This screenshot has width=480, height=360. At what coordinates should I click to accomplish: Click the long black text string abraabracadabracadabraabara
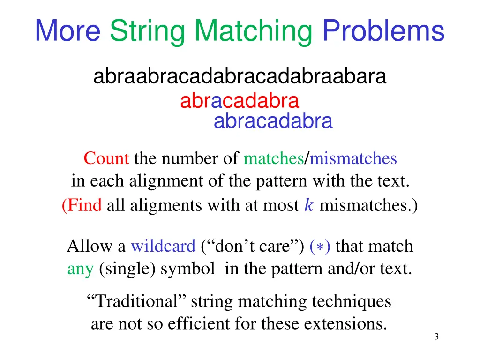coord(240,76)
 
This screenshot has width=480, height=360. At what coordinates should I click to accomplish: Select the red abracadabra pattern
coord(240,101)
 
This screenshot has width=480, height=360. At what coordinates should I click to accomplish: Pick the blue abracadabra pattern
coord(273,121)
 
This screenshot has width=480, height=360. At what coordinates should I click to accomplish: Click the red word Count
coord(106,159)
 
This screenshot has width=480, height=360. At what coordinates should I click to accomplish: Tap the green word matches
coord(273,159)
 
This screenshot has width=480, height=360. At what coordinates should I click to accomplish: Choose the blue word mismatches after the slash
coord(353,159)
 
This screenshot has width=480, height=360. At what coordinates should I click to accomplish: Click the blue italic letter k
coord(308,205)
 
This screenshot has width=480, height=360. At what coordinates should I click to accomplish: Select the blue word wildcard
coord(163,246)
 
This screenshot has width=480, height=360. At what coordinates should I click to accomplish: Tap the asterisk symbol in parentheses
coord(320,247)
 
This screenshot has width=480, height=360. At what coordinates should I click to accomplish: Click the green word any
coord(80,269)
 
